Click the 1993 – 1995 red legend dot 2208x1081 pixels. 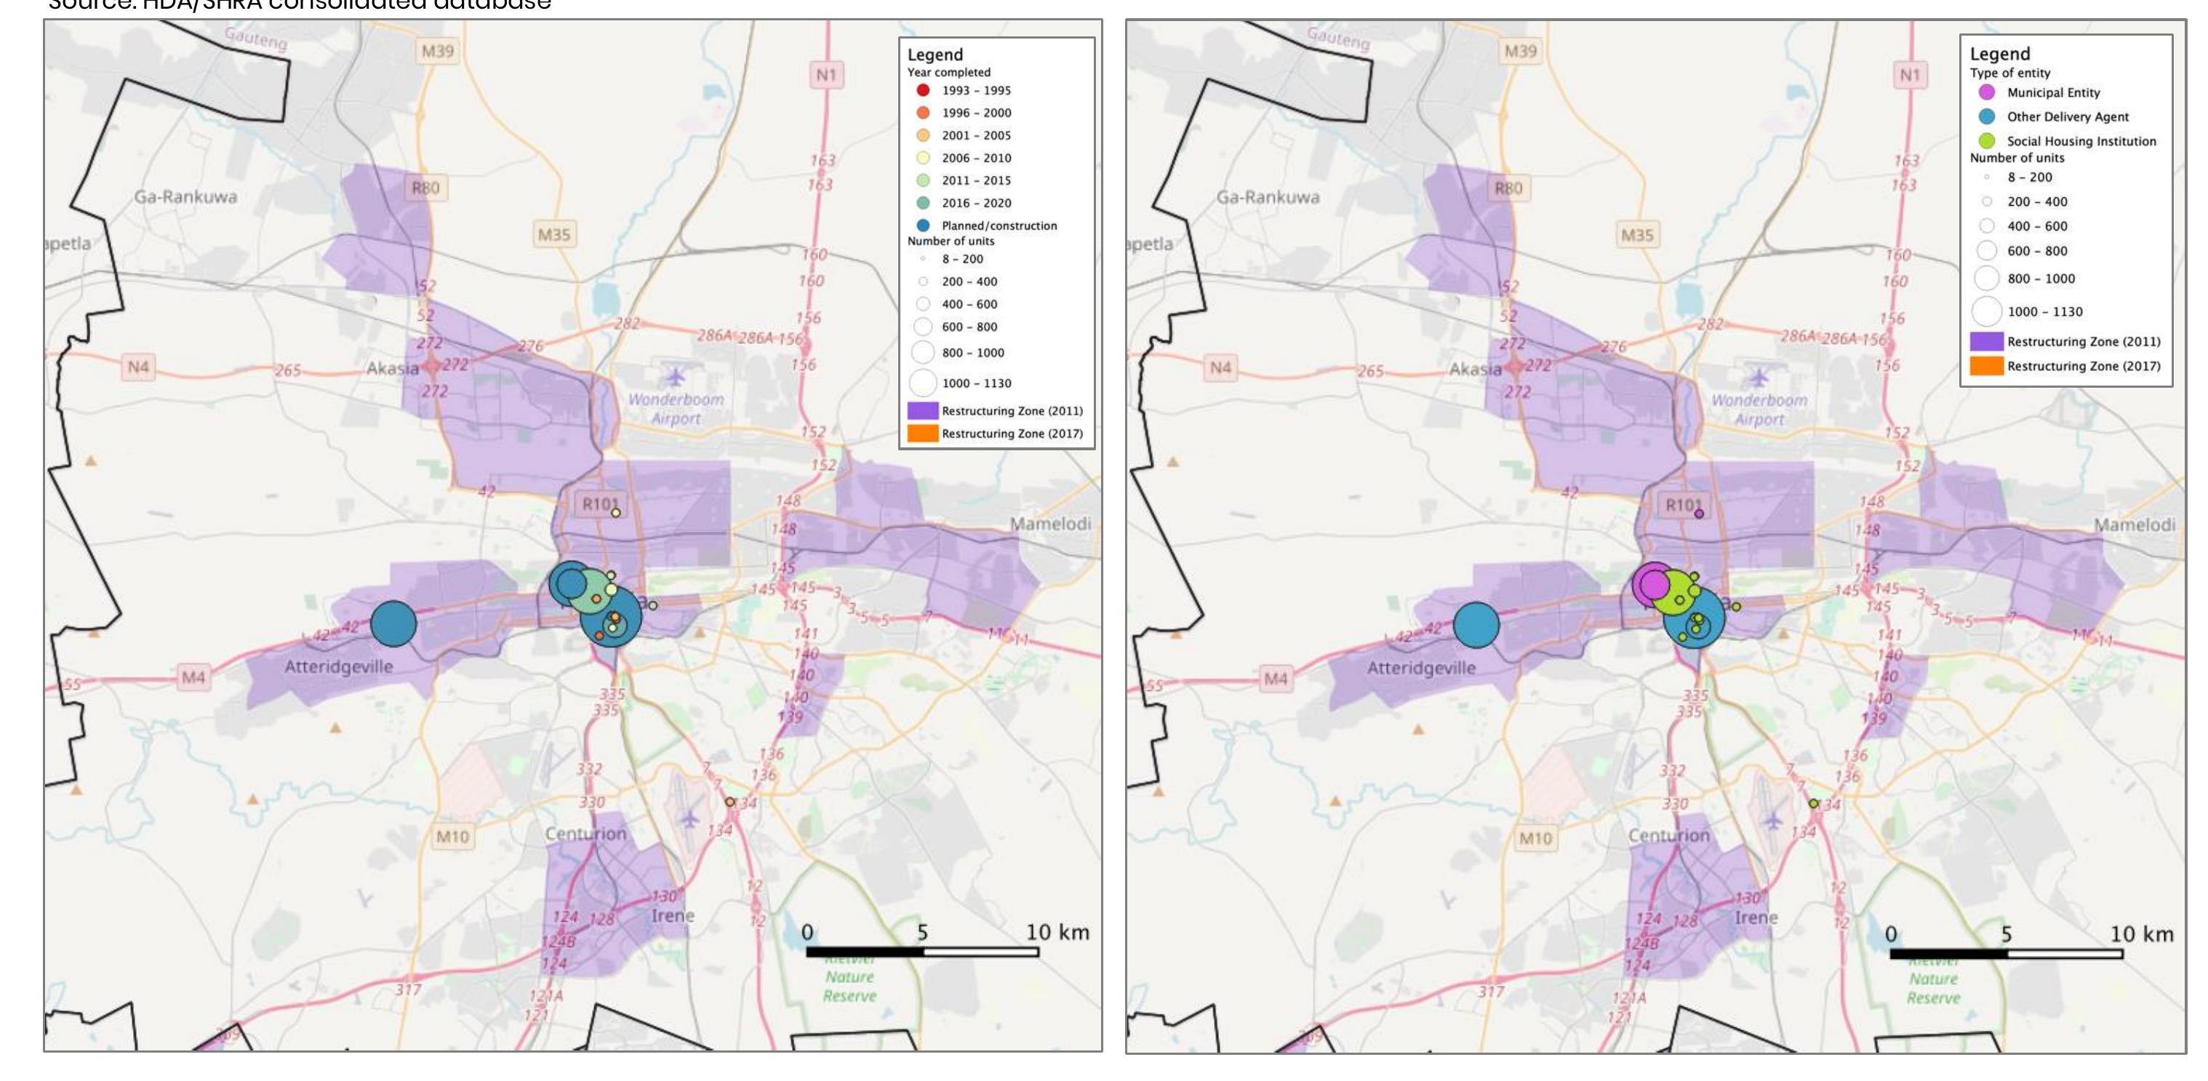(923, 90)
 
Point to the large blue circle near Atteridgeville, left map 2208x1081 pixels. (393, 623)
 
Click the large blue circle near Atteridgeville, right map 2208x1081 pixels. (1476, 624)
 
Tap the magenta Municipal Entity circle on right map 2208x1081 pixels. (1652, 584)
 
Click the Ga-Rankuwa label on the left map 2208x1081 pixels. (185, 196)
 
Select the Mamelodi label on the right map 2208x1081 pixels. (2135, 524)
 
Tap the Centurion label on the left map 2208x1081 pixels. (585, 833)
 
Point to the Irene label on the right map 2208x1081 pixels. (1756, 917)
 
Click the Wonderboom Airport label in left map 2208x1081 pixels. (676, 409)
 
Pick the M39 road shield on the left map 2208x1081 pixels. (437, 52)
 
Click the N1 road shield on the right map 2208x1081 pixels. (1910, 76)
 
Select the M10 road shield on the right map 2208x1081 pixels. (1535, 837)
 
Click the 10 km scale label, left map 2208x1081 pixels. (1057, 933)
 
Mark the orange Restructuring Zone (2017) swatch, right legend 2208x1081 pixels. (1986, 366)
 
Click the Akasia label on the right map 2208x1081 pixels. (1474, 370)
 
